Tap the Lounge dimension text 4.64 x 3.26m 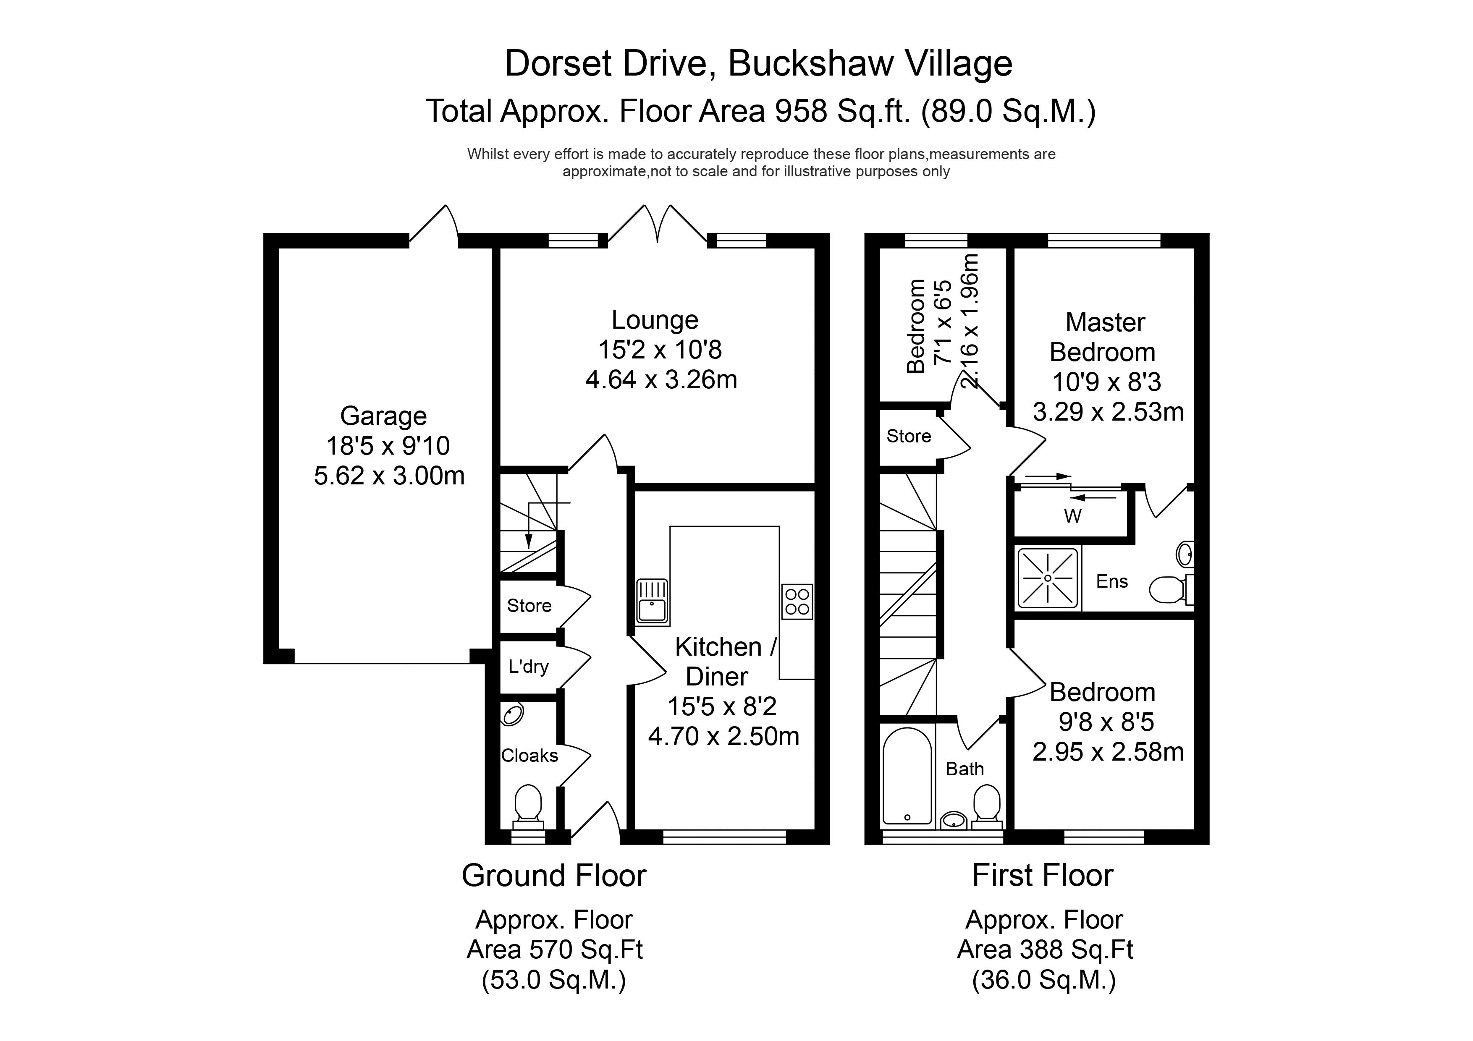(x=661, y=380)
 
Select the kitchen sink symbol (x=653, y=602)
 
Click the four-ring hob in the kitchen (x=797, y=602)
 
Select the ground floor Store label (x=529, y=605)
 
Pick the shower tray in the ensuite (x=1048, y=578)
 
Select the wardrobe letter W (x=1073, y=516)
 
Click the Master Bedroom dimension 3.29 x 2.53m (x=1108, y=412)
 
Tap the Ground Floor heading (x=554, y=876)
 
